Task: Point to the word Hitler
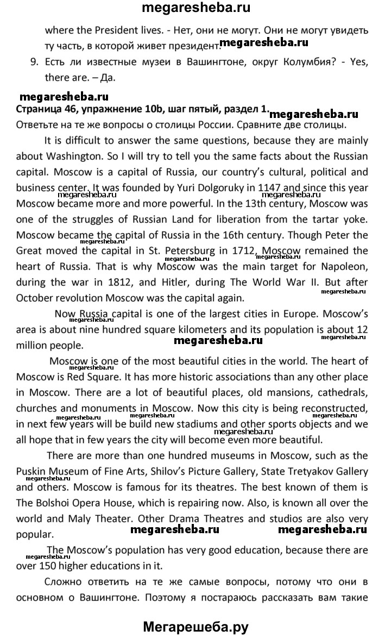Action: (x=186, y=283)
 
